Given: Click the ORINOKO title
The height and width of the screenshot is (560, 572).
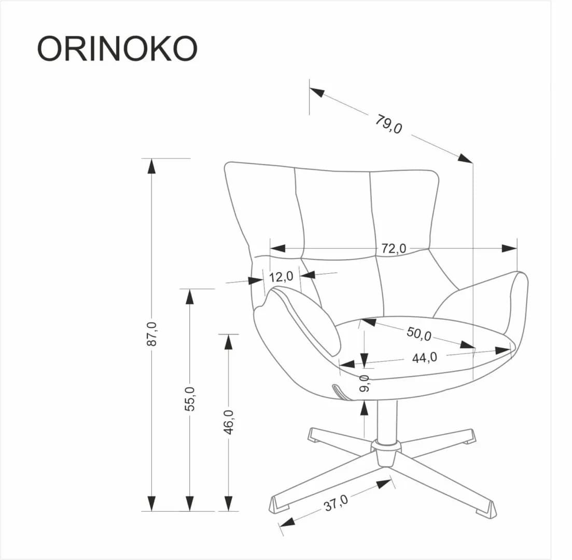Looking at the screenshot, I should click(x=117, y=49).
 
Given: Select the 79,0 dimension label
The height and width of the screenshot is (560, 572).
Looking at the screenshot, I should click(x=389, y=124).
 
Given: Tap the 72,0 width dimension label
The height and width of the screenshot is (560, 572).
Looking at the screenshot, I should click(x=394, y=248).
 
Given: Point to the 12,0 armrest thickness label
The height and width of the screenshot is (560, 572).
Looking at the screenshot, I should click(x=282, y=276).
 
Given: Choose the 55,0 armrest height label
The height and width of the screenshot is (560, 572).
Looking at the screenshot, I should click(x=190, y=398).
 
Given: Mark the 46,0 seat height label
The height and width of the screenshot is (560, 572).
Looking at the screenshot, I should click(x=229, y=421).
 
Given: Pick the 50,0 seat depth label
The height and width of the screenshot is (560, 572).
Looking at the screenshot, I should click(x=418, y=333).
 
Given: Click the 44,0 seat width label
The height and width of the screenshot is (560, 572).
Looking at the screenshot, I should click(x=424, y=357).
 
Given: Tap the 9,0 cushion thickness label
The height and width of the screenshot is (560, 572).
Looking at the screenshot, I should click(x=364, y=383).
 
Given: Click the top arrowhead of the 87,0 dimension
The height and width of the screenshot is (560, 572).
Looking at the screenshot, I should click(x=151, y=166).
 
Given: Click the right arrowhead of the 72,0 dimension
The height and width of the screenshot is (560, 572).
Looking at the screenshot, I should click(x=509, y=248).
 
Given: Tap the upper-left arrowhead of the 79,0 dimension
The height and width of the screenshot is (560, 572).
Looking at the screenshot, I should click(x=317, y=92).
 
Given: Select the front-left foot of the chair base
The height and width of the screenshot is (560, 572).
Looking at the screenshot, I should click(x=280, y=504).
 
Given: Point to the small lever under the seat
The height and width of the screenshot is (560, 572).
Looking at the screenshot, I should click(x=340, y=391).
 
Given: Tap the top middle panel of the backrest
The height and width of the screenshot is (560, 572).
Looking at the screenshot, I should click(x=333, y=213).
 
